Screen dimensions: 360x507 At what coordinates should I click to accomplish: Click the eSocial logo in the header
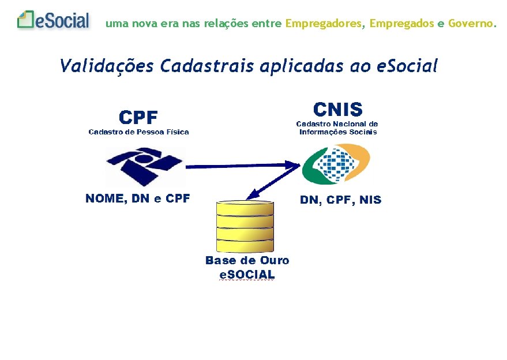click(x=54, y=21)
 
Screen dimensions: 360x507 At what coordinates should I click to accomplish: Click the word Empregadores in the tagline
click(x=324, y=24)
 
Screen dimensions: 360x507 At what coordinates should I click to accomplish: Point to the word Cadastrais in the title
click(x=207, y=66)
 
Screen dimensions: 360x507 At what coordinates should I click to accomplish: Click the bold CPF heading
click(x=138, y=118)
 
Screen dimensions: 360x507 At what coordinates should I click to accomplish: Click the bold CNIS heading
click(x=337, y=109)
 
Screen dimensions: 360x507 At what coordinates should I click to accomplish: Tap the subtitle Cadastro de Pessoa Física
click(x=138, y=132)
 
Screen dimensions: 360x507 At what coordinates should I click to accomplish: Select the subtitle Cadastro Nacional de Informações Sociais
click(x=337, y=127)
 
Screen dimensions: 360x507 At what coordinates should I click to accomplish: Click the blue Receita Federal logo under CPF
click(x=145, y=166)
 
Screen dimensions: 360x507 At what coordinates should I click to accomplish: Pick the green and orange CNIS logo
click(x=336, y=164)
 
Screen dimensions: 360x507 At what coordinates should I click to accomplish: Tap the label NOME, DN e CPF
click(x=137, y=199)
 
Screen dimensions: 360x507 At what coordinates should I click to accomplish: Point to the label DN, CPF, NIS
click(x=340, y=200)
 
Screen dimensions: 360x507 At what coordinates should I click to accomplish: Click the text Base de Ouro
click(x=247, y=261)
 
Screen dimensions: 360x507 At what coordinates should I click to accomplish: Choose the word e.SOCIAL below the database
click(x=247, y=275)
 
